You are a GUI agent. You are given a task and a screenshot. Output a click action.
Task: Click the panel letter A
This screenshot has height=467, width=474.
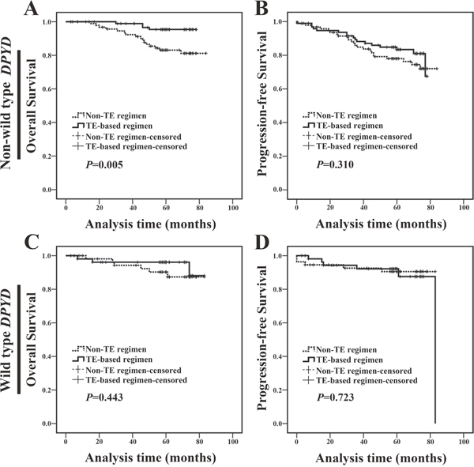pos(31,8)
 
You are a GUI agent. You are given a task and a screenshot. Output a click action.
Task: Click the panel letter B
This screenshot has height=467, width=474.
pos(261,8)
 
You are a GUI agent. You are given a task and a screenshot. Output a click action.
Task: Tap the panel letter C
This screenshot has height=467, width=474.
pos(32,242)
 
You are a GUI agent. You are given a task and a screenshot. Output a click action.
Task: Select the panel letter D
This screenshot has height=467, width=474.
pos(262,242)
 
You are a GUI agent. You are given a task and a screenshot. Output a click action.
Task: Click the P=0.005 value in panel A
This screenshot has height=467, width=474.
pos(104,165)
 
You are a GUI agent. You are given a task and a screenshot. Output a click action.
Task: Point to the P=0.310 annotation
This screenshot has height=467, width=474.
pos(335,165)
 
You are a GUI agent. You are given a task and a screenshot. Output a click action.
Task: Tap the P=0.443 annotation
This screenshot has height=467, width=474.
pos(104,397)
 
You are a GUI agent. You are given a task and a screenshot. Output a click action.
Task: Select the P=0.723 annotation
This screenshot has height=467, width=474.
pos(335,397)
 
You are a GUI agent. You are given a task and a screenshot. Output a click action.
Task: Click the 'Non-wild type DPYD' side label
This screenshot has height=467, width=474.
pos(6,104)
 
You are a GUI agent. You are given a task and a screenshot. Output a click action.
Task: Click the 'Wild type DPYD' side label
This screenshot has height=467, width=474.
pos(6,340)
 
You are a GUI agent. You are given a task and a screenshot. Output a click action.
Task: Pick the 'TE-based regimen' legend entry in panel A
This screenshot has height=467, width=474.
pos(112,126)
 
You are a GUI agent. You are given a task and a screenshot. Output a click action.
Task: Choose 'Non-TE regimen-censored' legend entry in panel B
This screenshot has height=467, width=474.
pos(357,137)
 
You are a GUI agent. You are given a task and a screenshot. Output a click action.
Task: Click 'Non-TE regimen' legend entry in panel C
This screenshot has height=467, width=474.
pos(109,349)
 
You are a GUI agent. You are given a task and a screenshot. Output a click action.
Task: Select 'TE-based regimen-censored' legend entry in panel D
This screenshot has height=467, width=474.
pos(360,380)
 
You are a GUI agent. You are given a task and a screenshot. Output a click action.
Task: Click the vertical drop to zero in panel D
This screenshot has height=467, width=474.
pos(435,349)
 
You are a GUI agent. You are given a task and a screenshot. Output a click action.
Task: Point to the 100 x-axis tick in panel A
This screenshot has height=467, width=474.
pos(233,208)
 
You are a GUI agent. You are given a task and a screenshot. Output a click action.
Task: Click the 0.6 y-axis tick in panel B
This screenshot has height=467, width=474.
pos(278,89)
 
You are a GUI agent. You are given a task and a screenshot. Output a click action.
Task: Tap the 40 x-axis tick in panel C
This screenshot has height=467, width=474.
pos(133,442)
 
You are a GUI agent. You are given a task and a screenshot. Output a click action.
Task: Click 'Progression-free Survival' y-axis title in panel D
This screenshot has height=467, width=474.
pos(261,338)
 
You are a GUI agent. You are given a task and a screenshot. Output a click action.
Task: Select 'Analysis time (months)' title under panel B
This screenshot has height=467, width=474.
pos(381,224)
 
